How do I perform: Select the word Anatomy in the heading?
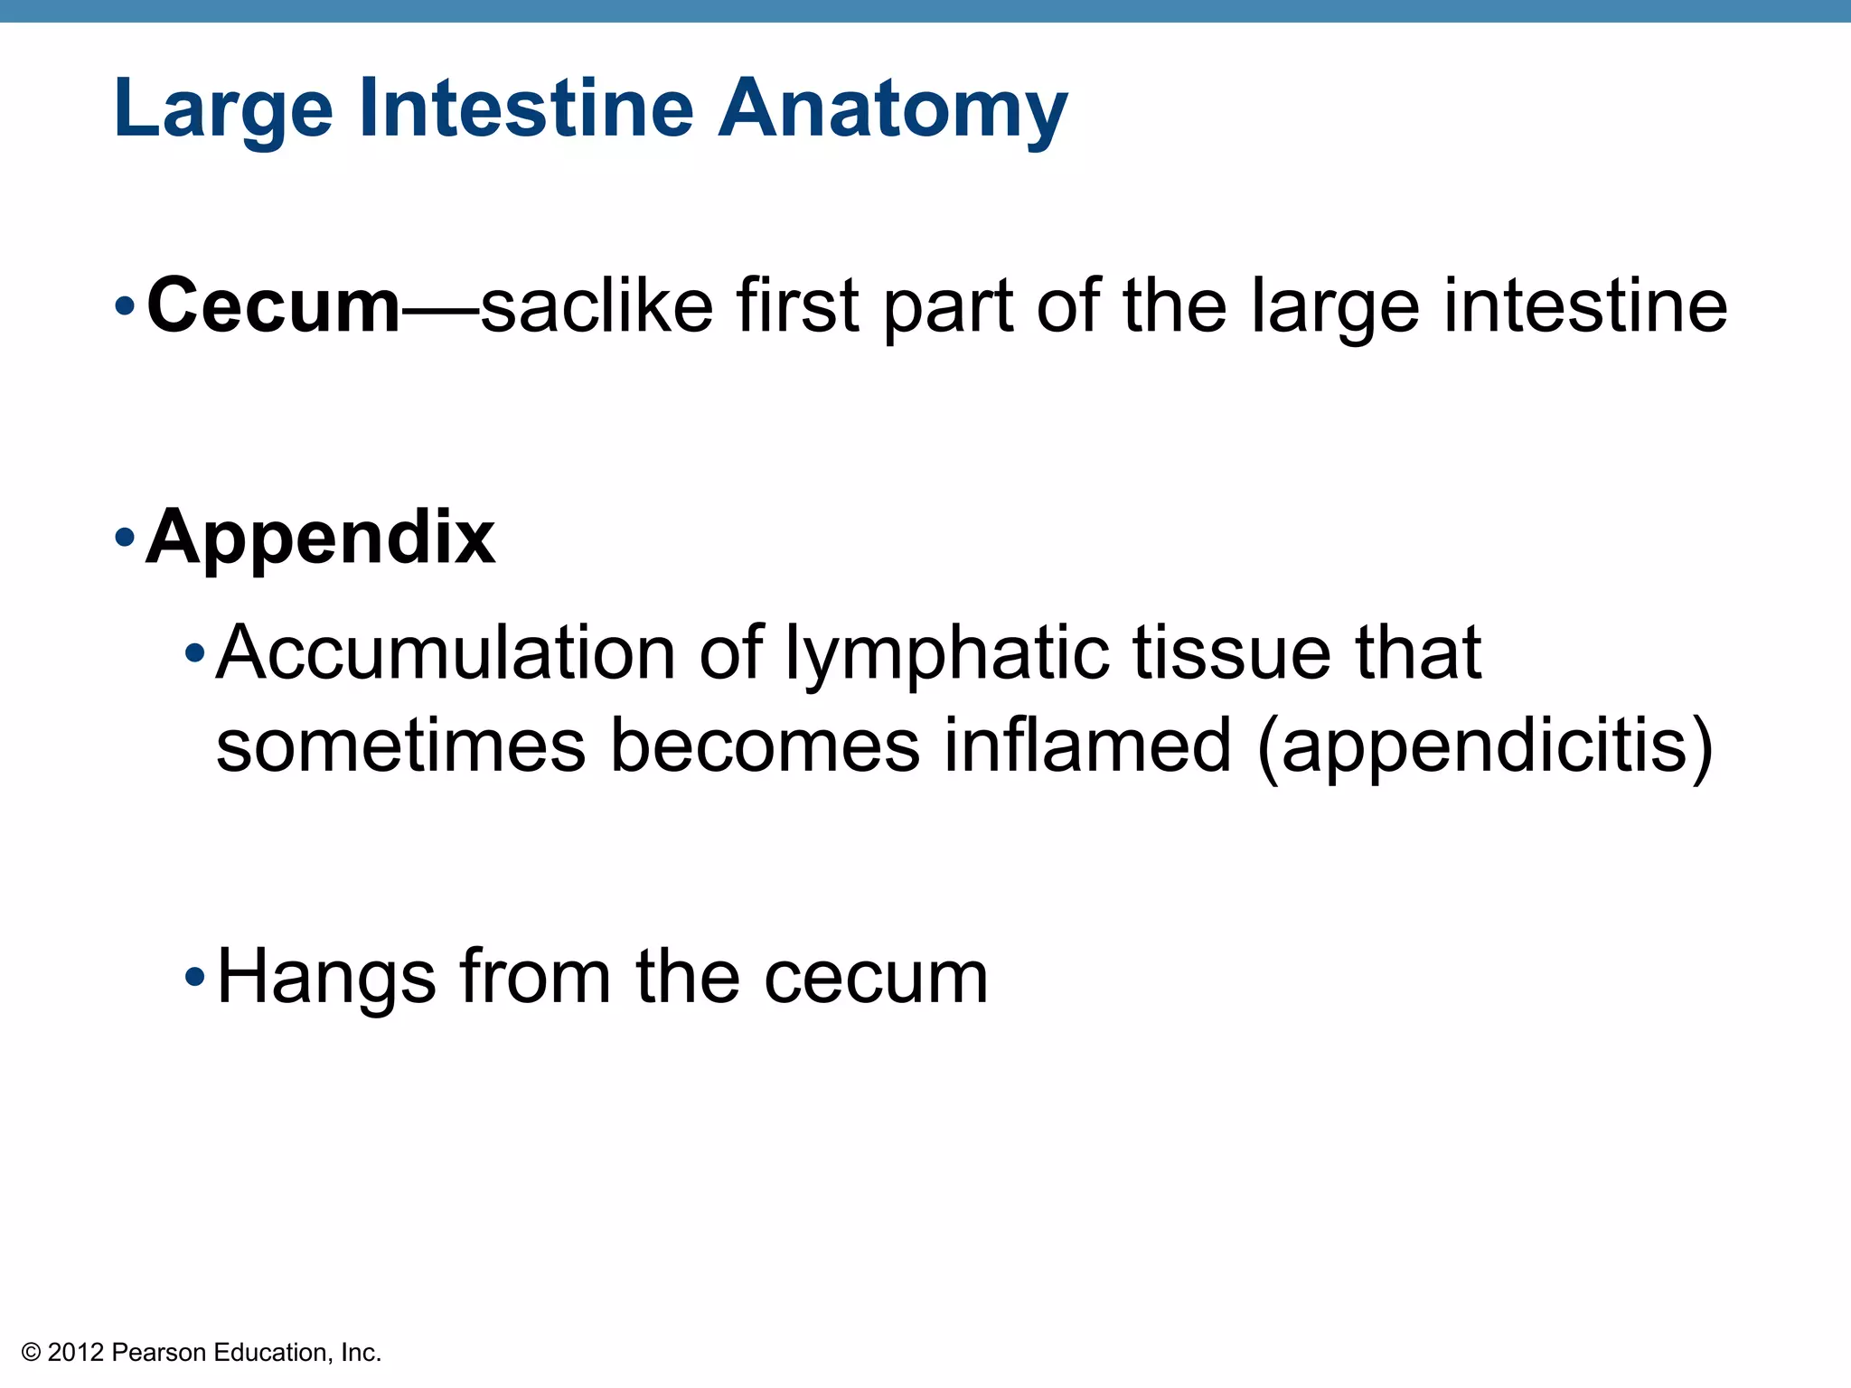click(x=892, y=109)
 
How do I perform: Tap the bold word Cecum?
click(x=273, y=305)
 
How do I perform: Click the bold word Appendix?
click(x=320, y=538)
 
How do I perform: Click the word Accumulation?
click(x=446, y=652)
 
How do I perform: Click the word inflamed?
click(x=1088, y=746)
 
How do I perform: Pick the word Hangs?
click(x=326, y=978)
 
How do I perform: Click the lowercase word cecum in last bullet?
click(x=876, y=979)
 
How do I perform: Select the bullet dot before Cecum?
click(x=125, y=307)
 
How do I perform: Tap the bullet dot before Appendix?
click(x=125, y=539)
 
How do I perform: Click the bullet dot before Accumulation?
click(x=194, y=652)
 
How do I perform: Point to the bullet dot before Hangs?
click(x=194, y=977)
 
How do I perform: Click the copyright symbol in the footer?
click(x=32, y=1353)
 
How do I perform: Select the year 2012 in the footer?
click(x=75, y=1353)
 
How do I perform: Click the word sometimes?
click(x=401, y=746)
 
